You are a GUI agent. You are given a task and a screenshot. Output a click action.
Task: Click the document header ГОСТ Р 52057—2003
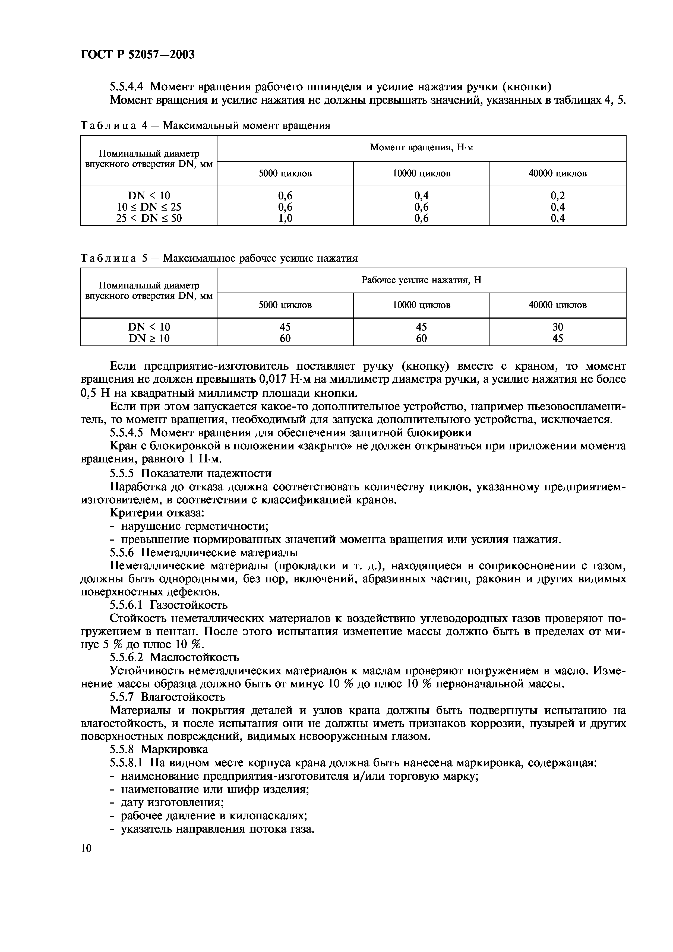pos(137,54)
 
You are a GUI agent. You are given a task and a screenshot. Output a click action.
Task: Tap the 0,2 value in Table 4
pos(557,196)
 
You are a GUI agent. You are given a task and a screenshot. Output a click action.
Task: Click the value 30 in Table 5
pos(557,327)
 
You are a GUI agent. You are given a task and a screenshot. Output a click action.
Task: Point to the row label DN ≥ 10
pos(149,338)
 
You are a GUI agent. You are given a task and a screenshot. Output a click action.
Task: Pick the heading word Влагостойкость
pos(183,697)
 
